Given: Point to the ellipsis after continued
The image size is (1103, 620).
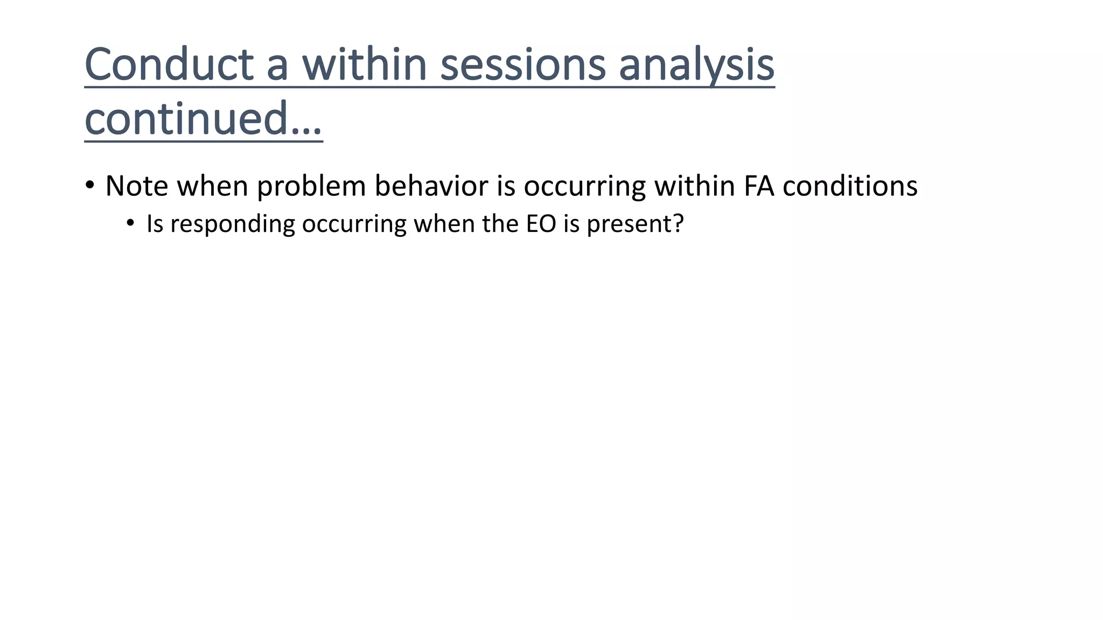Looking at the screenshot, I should (x=306, y=129).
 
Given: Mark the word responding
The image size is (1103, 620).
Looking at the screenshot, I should (x=233, y=224).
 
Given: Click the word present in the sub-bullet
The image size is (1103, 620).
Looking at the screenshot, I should (x=628, y=224).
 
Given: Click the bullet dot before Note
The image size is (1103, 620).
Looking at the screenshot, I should (x=90, y=186).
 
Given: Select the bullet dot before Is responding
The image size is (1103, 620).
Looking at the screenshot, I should (x=130, y=223).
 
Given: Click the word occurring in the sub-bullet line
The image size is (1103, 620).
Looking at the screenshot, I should (x=354, y=224).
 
